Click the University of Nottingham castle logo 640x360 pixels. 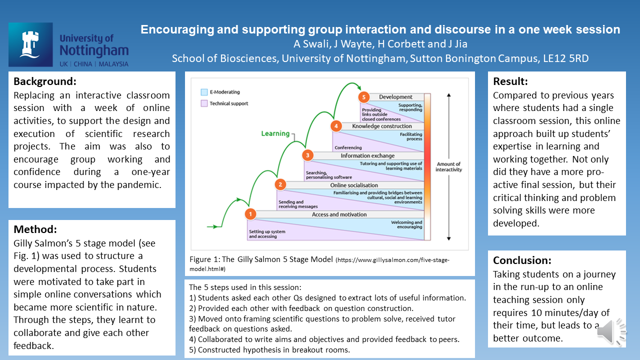[x=30, y=44]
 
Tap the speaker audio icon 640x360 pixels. [x=611, y=331]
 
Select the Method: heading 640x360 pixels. [x=35, y=229]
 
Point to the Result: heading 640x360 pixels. [x=510, y=81]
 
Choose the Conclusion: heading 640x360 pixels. [x=522, y=260]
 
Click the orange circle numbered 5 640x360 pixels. [x=364, y=96]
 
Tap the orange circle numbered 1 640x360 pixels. [x=250, y=214]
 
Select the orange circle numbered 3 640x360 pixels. [x=308, y=155]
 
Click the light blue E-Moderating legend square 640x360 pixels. [x=204, y=92]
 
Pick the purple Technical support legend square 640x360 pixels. [x=204, y=103]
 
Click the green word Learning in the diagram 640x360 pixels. [x=275, y=133]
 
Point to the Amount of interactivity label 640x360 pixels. [x=448, y=167]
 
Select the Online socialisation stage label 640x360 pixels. [x=354, y=185]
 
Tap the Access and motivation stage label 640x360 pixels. [x=339, y=214]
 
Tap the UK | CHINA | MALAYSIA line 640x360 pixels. [x=93, y=64]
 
